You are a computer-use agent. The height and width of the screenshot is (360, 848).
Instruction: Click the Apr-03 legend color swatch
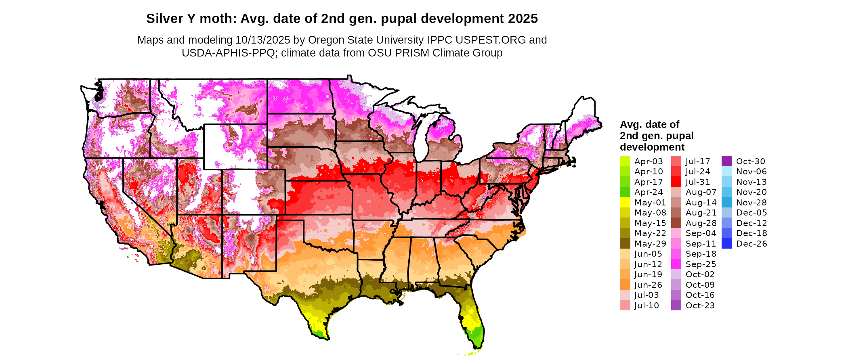coord(625,161)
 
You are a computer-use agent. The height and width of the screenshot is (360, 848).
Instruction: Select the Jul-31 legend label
coord(698,182)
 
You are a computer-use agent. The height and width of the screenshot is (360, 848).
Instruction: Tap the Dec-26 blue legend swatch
coord(726,243)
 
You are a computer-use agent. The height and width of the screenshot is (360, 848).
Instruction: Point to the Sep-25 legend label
coord(701,264)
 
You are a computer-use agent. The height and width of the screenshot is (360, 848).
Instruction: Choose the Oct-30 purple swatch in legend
coord(726,161)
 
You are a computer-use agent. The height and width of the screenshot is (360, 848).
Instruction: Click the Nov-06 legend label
coord(751,172)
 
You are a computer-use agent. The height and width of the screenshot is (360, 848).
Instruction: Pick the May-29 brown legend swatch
coord(625,243)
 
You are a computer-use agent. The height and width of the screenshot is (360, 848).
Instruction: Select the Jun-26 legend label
coord(648,285)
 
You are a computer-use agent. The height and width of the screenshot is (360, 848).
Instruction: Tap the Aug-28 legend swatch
coord(676,223)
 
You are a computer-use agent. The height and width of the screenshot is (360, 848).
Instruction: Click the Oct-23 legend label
coord(700,306)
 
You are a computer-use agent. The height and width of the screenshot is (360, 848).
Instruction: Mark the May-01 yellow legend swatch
coord(625,202)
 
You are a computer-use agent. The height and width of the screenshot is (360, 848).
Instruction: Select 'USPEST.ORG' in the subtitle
coord(491,40)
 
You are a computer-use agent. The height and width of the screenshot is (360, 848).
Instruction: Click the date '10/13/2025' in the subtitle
coord(263,40)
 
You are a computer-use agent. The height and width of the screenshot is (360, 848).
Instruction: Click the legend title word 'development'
coord(652,147)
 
